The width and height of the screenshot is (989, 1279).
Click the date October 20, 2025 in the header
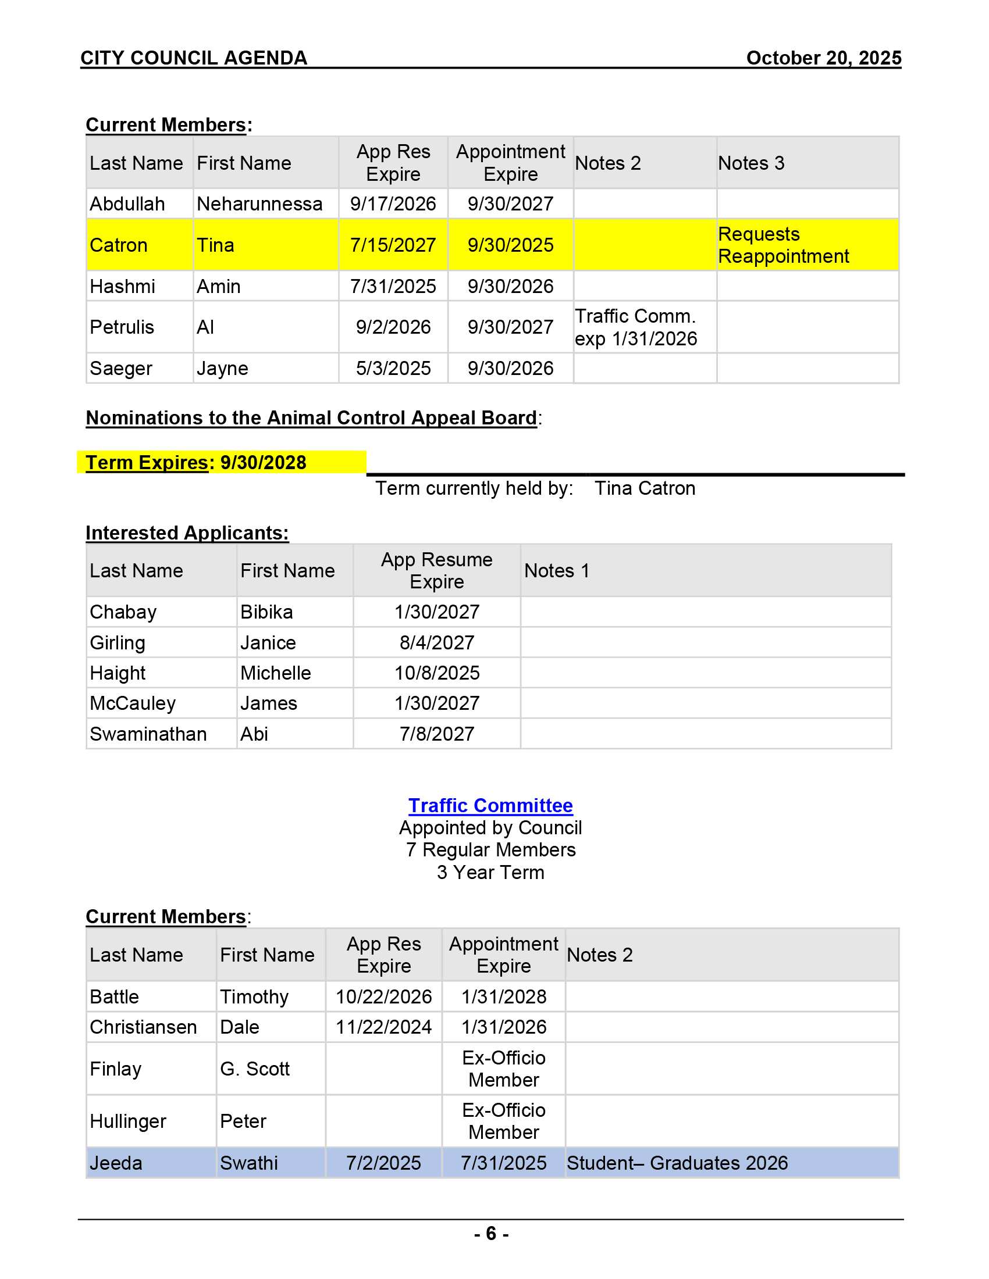click(823, 58)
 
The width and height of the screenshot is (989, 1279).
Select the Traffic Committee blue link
click(490, 805)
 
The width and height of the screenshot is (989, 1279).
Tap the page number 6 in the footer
click(491, 1233)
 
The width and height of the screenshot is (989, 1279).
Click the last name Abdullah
click(127, 204)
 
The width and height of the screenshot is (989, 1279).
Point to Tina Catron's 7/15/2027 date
click(393, 245)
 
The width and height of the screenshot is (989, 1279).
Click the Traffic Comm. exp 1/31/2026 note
click(636, 327)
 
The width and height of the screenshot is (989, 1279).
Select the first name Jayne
click(222, 369)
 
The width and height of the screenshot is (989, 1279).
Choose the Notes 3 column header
click(750, 163)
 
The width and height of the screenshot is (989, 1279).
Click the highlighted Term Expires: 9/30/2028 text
click(196, 463)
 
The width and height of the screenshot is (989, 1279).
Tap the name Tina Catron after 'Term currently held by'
click(645, 488)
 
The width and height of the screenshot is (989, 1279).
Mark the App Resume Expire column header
click(436, 570)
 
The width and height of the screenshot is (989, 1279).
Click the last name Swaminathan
click(148, 734)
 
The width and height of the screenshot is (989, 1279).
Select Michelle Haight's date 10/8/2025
click(436, 673)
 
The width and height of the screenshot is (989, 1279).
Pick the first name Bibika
click(266, 612)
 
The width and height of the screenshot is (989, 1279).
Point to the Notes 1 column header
click(557, 570)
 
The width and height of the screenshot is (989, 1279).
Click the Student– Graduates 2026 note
click(677, 1163)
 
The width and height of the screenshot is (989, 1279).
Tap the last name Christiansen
click(143, 1027)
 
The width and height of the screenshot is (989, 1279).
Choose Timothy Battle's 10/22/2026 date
click(383, 996)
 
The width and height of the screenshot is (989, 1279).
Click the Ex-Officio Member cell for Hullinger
click(503, 1121)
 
